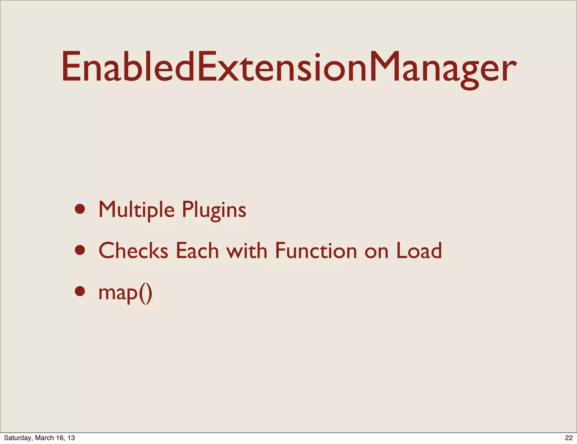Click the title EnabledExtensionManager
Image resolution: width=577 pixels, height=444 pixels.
[289, 68]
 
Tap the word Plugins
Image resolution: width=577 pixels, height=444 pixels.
[214, 210]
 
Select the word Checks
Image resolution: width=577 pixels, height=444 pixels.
[133, 250]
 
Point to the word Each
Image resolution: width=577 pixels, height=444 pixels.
[197, 250]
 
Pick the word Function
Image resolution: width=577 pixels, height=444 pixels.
[316, 250]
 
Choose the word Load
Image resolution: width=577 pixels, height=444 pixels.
[419, 250]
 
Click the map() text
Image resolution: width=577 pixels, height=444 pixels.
[125, 292]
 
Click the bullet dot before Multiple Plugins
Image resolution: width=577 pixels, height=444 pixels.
[80, 209]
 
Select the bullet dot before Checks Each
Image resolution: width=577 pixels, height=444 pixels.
[80, 250]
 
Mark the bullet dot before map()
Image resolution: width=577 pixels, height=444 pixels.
[80, 291]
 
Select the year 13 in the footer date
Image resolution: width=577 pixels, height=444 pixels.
[71, 438]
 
